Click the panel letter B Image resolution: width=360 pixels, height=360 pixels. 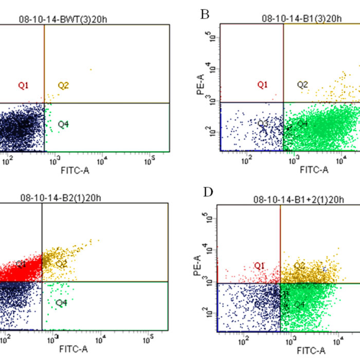point(205,13)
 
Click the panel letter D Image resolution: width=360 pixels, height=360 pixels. point(208,192)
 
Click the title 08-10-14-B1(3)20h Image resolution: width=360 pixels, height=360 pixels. point(301,20)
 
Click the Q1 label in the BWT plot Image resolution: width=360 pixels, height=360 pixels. point(23,85)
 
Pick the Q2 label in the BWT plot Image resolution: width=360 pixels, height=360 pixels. point(63,85)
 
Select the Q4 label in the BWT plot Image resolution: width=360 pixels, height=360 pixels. point(63,124)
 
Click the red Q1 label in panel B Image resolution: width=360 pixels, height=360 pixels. point(262,84)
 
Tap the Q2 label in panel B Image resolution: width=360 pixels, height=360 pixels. point(302,84)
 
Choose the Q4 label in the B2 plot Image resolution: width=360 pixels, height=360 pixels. point(62,303)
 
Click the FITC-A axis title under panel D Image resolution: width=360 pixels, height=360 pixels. point(311,351)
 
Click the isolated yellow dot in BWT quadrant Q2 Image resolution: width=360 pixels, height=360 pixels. point(91,69)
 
